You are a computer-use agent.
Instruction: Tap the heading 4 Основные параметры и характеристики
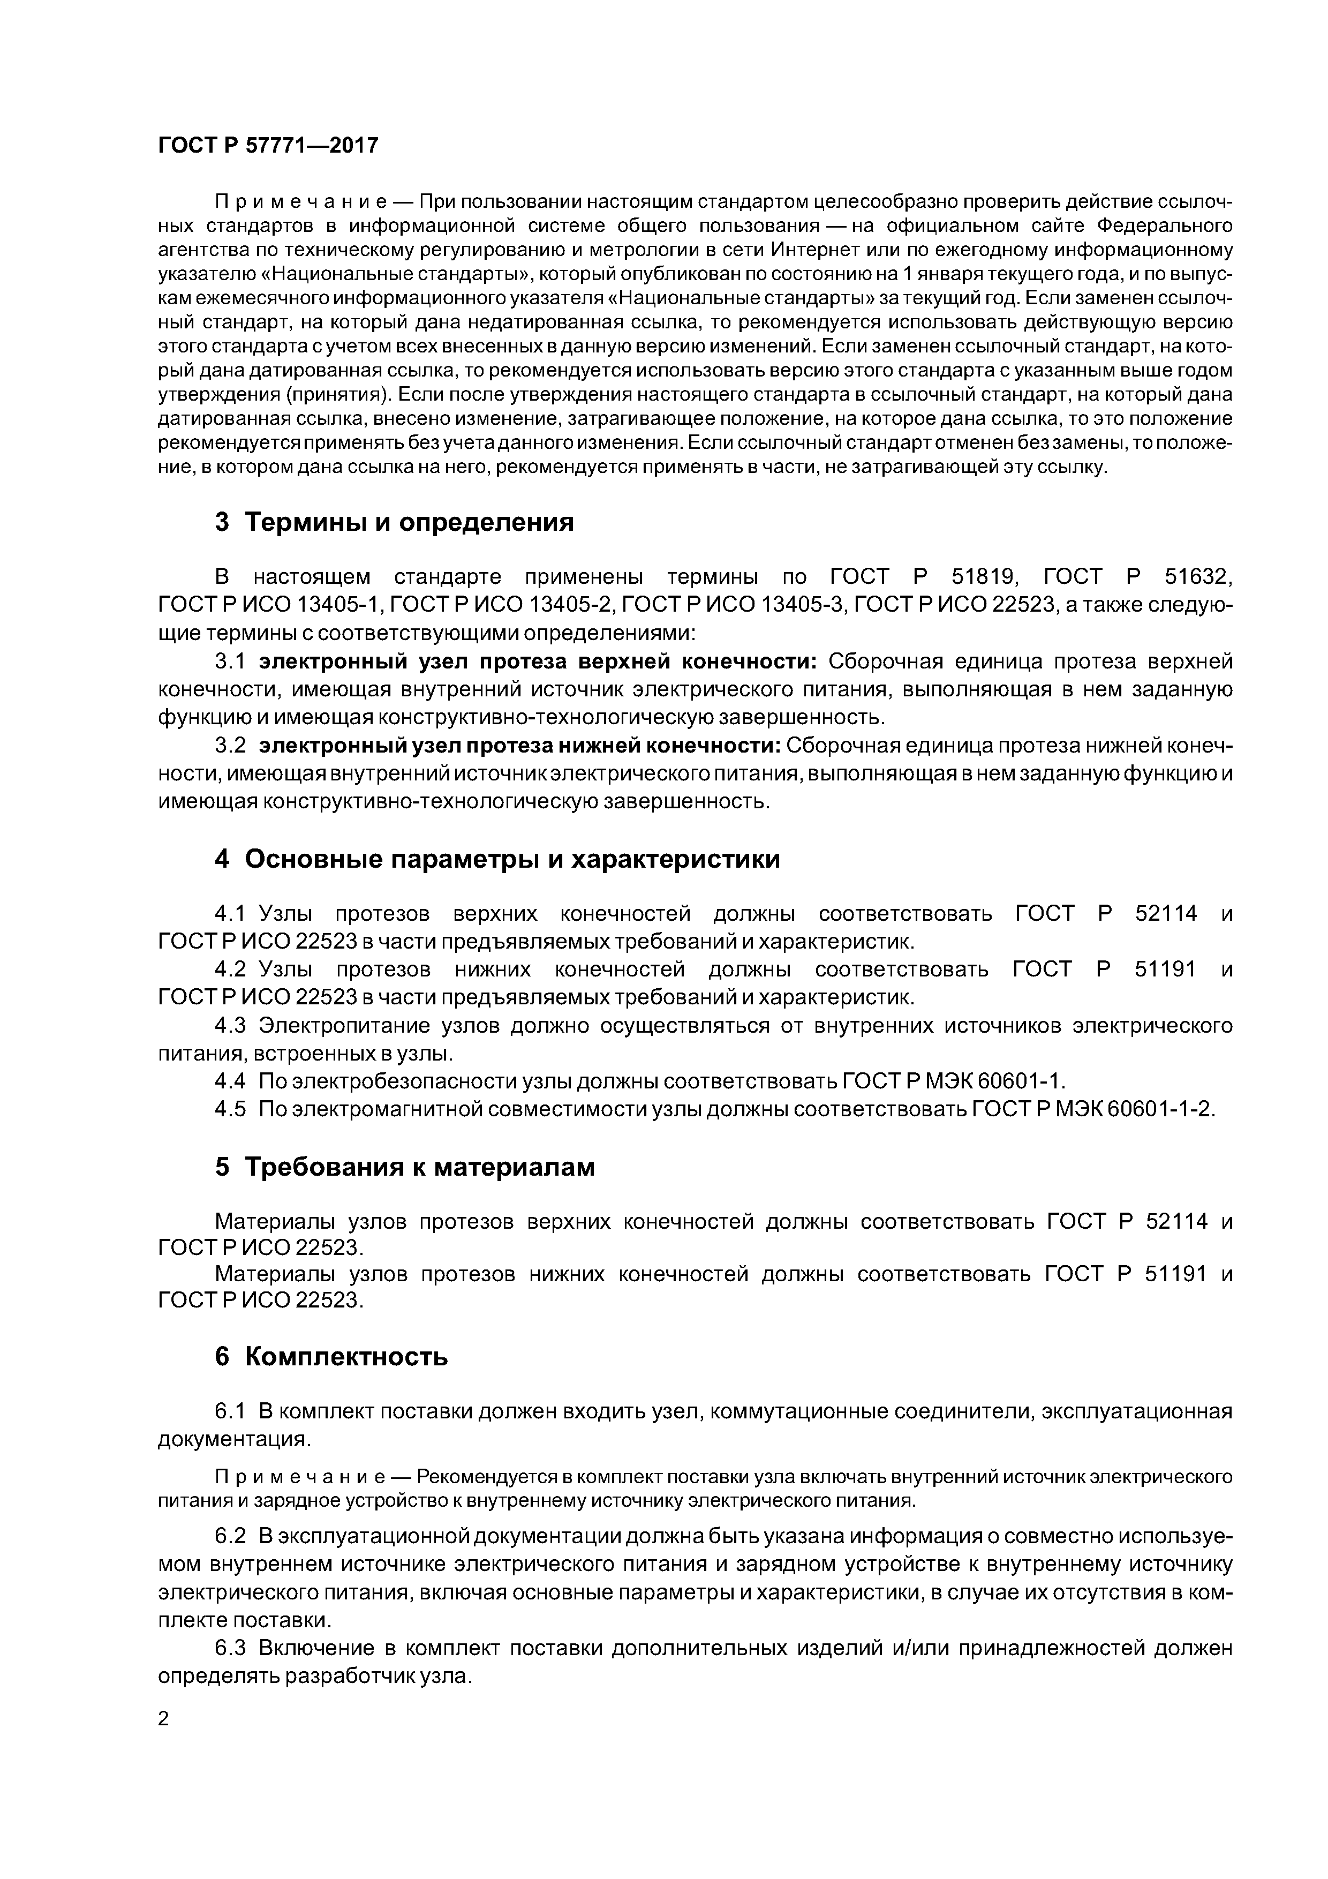497,859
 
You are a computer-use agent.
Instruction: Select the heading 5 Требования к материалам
404,1167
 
